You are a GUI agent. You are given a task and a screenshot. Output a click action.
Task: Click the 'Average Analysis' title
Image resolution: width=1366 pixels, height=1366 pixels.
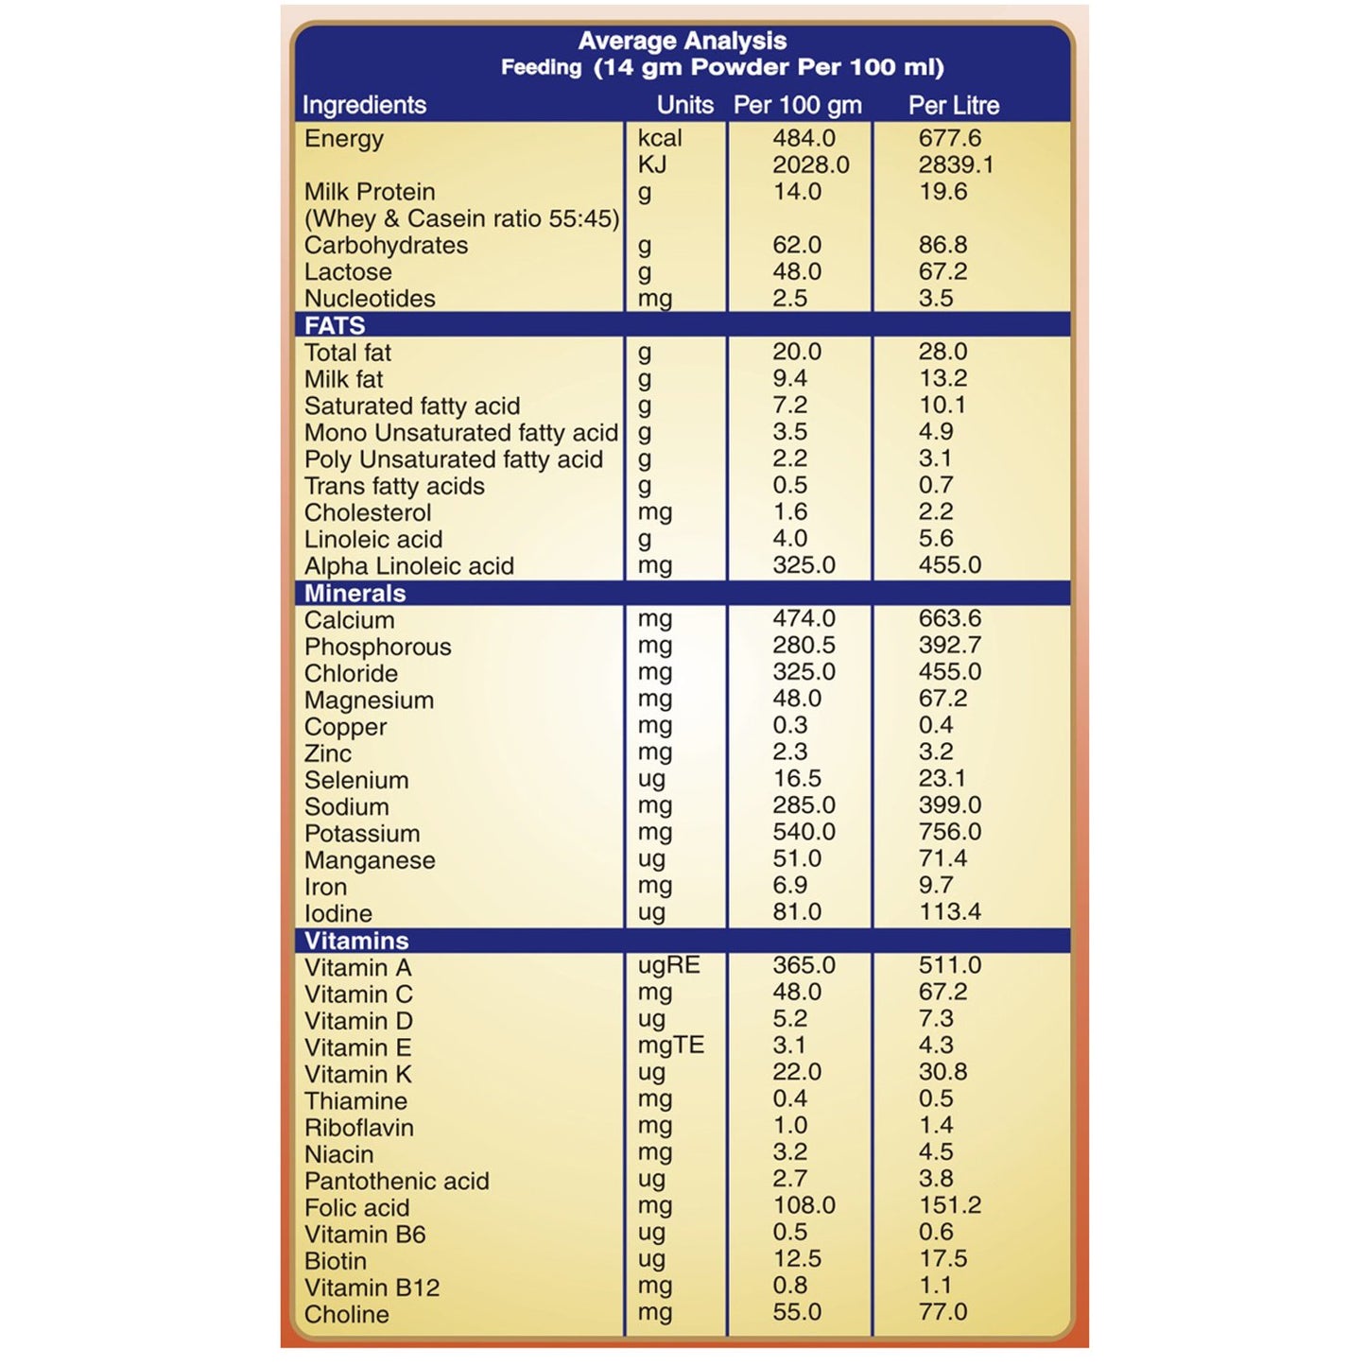[682, 41]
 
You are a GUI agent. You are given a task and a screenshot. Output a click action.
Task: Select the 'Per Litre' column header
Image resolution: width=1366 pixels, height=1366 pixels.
[953, 105]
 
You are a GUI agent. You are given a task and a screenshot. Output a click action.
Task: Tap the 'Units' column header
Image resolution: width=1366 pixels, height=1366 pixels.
[684, 105]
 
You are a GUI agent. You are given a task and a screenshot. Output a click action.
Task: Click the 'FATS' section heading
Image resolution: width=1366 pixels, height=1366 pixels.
[335, 325]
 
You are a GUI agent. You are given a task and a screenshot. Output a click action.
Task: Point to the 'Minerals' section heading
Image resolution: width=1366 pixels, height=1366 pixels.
[354, 594]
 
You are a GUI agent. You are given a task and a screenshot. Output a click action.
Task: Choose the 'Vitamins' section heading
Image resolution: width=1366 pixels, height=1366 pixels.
[356, 941]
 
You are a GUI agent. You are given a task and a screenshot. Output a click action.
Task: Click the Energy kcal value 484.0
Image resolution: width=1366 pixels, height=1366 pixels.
[804, 138]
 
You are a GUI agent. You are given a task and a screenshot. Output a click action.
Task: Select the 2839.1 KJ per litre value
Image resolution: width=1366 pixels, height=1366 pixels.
[956, 164]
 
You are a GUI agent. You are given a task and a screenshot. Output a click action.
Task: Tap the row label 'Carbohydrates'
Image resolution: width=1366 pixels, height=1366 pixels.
[386, 245]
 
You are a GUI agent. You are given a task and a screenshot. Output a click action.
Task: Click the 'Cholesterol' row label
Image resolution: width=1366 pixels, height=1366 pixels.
[368, 512]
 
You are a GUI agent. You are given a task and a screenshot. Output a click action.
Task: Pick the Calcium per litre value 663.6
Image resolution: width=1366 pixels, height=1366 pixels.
[949, 618]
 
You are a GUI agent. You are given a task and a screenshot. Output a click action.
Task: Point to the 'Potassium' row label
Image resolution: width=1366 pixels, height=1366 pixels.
[362, 834]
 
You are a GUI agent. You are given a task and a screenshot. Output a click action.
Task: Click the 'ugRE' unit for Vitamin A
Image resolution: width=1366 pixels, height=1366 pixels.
[668, 965]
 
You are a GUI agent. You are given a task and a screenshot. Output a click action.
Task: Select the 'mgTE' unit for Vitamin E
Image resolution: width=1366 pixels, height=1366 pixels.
[670, 1046]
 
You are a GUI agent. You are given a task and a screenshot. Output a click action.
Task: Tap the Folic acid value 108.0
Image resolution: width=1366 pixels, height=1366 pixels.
[804, 1205]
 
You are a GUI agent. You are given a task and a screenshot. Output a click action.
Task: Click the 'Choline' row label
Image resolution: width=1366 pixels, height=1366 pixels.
[346, 1314]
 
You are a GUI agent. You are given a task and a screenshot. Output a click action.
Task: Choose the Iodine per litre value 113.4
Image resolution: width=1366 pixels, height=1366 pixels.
[949, 912]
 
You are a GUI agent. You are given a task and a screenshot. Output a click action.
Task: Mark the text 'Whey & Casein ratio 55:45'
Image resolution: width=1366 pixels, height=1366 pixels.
[461, 218]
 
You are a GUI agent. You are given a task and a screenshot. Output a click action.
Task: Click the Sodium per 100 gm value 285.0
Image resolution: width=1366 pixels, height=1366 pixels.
[804, 805]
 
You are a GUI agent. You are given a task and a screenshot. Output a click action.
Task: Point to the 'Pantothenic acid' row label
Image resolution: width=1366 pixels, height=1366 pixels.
[396, 1181]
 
